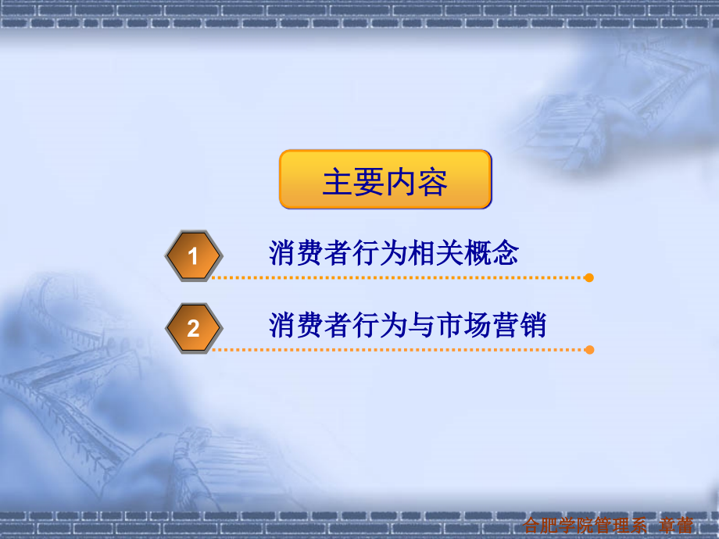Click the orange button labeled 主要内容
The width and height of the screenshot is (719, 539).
(385, 180)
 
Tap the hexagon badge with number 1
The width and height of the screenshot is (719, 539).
(193, 255)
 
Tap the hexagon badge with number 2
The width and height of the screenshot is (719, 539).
(193, 328)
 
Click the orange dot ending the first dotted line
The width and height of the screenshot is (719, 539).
(589, 277)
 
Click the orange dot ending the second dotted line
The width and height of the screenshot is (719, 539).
(589, 349)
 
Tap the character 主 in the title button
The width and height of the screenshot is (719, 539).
(338, 182)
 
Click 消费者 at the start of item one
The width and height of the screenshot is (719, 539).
(309, 253)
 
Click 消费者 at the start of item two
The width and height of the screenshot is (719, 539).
(309, 325)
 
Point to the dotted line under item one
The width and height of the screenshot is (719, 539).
(399, 277)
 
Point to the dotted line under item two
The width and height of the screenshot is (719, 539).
(399, 349)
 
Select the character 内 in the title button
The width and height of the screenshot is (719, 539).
(401, 182)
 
